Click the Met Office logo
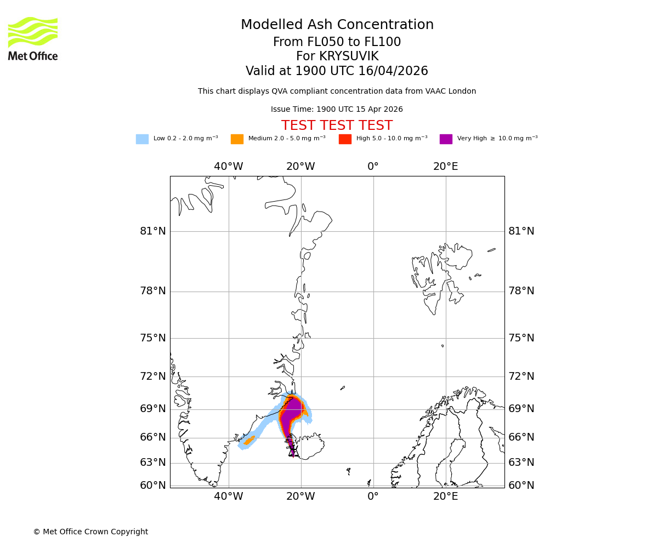(x=33, y=38)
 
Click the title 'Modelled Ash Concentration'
(x=337, y=25)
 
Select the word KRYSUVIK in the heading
(x=349, y=56)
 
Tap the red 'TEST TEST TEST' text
(x=337, y=125)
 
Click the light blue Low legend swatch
(x=142, y=139)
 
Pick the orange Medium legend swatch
(x=237, y=139)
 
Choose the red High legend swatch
(x=345, y=139)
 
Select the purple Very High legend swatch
(x=446, y=139)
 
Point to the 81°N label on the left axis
(x=152, y=231)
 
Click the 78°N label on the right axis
(x=521, y=291)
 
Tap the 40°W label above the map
(x=228, y=167)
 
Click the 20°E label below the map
(x=445, y=496)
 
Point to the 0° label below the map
(x=373, y=496)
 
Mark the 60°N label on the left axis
(x=152, y=486)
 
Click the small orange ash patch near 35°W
(x=249, y=441)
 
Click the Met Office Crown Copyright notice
(x=90, y=532)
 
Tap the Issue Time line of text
(x=337, y=110)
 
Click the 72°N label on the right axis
(x=521, y=376)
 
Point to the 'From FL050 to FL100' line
(x=337, y=42)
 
